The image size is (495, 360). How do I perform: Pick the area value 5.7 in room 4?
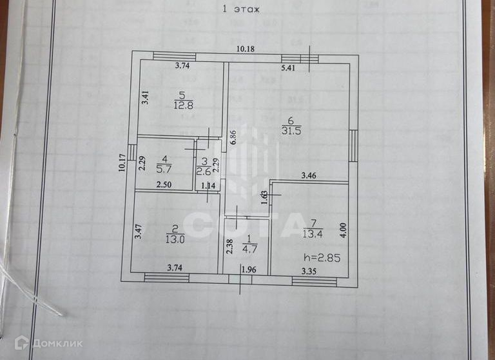(164, 171)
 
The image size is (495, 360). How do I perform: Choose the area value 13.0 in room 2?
(175, 237)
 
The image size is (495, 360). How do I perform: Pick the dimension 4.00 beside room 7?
(343, 230)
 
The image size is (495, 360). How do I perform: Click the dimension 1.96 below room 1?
(249, 269)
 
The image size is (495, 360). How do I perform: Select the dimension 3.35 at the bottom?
(311, 272)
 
